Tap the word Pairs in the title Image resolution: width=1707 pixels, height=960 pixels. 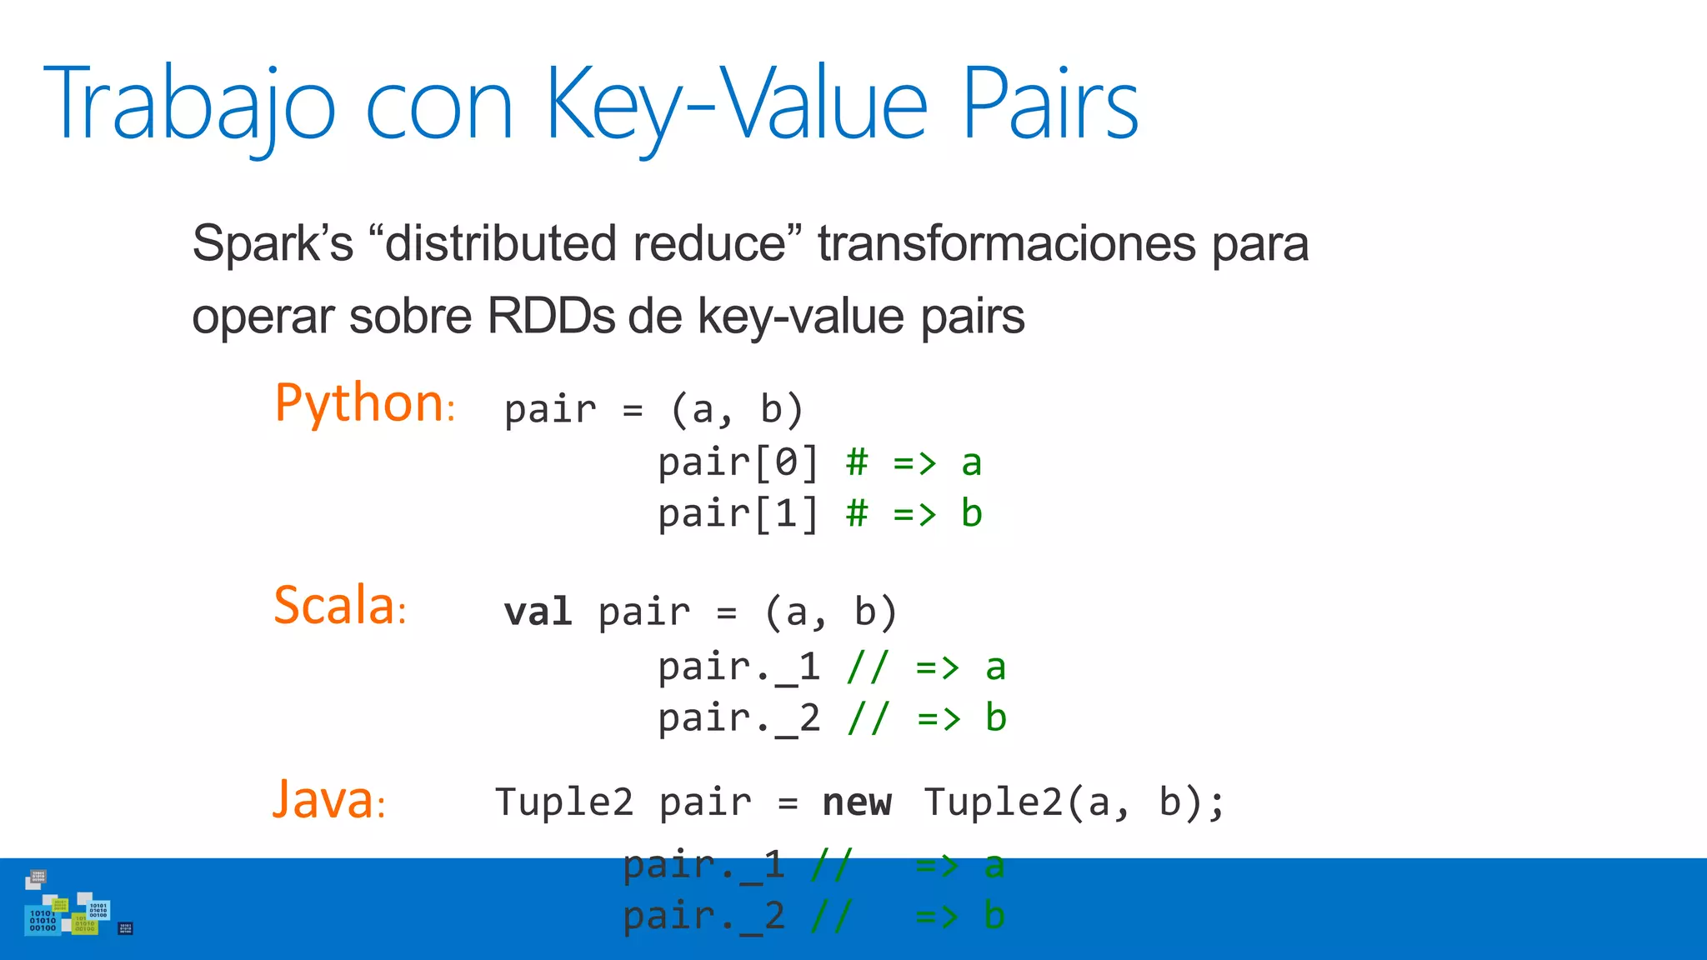(1049, 105)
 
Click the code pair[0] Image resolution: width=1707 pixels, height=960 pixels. (738, 462)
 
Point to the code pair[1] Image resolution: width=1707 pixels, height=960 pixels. (738, 513)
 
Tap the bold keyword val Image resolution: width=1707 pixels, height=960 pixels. (538, 612)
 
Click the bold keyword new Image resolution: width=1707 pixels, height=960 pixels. (857, 802)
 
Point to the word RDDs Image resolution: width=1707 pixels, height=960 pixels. (549, 317)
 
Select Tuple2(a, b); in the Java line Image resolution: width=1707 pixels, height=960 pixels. (1074, 802)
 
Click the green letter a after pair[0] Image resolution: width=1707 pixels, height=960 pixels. (972, 462)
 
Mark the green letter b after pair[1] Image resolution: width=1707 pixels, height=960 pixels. (972, 513)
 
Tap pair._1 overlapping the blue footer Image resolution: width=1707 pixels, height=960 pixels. (704, 866)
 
